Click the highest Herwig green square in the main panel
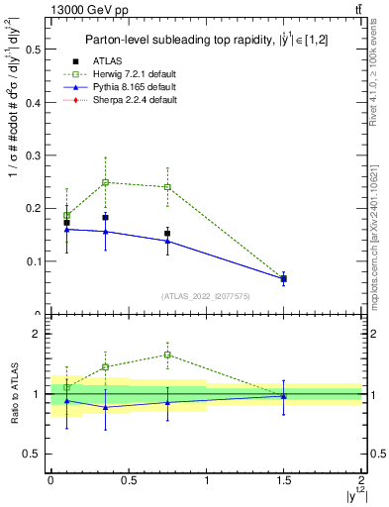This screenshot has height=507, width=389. [105, 182]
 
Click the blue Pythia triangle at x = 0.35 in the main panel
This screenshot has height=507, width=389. [105, 232]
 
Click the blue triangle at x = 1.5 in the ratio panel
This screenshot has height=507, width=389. [284, 395]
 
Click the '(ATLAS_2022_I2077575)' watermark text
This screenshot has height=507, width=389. [205, 295]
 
